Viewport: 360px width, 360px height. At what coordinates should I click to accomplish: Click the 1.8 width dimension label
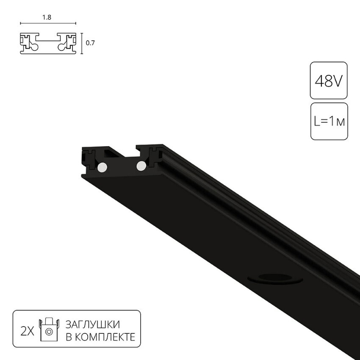[47, 18]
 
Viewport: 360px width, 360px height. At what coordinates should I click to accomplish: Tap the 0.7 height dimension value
[90, 43]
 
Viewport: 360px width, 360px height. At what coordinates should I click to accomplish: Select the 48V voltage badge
[329, 80]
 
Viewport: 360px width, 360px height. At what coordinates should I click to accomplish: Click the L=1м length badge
[329, 122]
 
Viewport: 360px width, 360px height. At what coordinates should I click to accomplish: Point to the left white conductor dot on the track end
[102, 168]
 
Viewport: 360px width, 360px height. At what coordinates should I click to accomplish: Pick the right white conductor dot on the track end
[140, 166]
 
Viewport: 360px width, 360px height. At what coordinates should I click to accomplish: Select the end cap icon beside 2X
[48, 330]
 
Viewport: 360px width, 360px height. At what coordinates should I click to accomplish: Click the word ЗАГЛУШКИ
[92, 325]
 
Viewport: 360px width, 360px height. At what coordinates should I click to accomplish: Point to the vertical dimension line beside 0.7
[81, 43]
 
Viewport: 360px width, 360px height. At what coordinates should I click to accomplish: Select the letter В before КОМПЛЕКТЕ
[68, 337]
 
